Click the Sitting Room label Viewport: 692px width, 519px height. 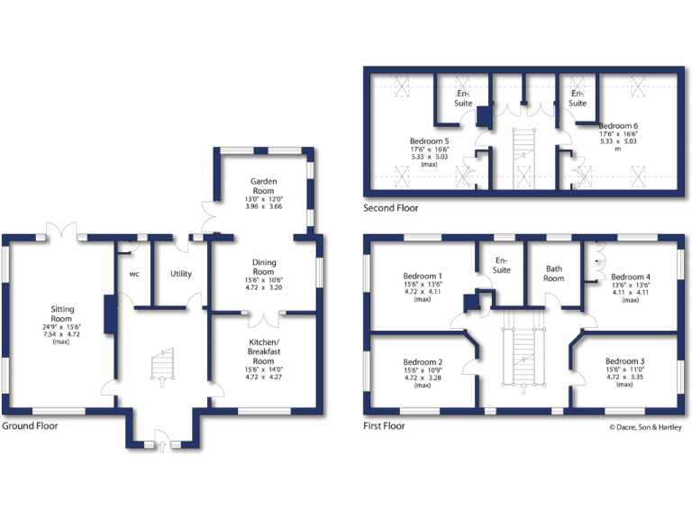click(61, 312)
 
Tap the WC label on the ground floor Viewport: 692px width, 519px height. click(133, 273)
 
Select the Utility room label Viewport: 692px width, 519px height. click(180, 273)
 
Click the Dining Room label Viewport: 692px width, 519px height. click(263, 267)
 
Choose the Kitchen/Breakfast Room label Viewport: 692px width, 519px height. click(263, 348)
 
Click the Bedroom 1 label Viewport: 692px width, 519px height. click(422, 277)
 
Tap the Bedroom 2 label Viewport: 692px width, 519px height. click(422, 362)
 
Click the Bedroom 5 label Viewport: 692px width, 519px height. click(429, 141)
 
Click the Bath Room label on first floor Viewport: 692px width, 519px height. click(553, 273)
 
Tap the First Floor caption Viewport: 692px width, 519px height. click(385, 425)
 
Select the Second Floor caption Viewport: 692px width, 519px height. click(390, 208)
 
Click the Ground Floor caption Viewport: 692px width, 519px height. click(30, 425)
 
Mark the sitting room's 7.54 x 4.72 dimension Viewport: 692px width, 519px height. click(61, 334)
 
